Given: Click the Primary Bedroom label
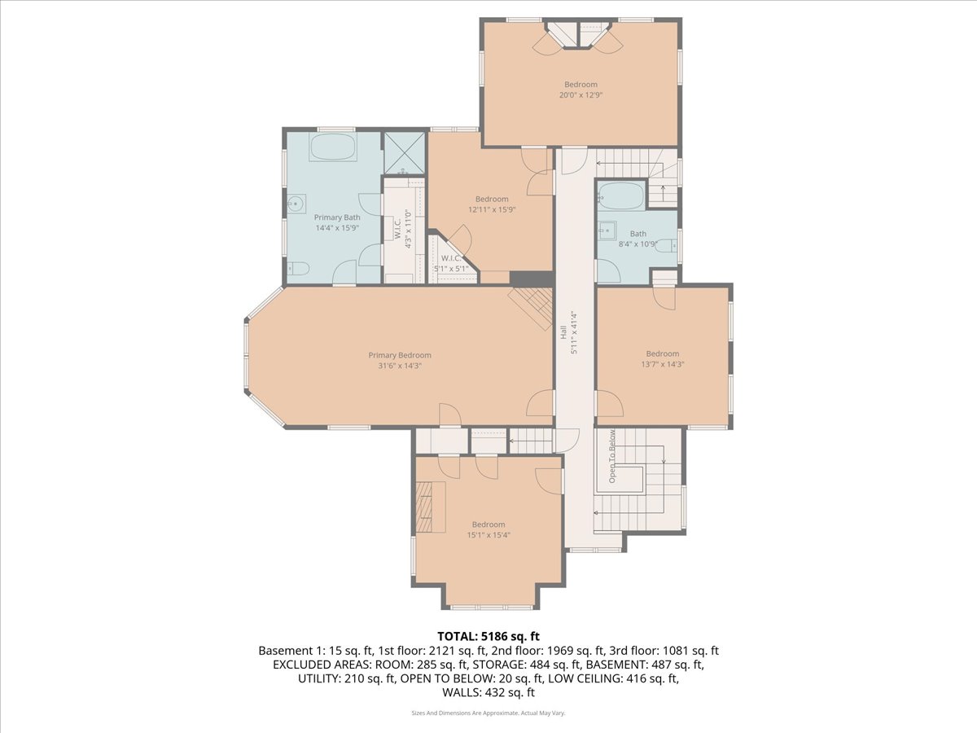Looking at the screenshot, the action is pos(400,355).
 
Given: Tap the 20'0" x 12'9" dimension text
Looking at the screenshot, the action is pos(581,94).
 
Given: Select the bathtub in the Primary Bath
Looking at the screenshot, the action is pos(333,147).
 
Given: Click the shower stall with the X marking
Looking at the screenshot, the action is pos(404,153).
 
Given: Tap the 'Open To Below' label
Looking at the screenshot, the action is pos(612,456).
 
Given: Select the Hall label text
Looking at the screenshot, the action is pos(563,332).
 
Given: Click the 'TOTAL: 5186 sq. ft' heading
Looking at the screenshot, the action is pos(488,636).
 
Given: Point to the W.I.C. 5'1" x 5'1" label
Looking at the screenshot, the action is pos(451,263).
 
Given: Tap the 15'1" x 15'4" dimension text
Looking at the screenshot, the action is pos(488,535).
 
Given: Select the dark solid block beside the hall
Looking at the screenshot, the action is pos(532,279).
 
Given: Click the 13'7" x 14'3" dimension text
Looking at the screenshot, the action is pos(662,364).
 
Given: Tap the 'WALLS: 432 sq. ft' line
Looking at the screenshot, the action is pos(488,692).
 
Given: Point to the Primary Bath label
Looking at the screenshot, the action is pos(337,217).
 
